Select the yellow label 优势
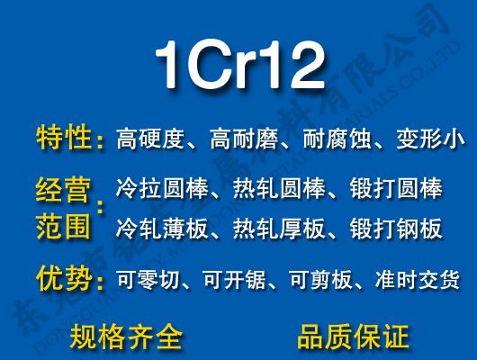[x=64, y=278]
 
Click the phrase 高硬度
[x=150, y=139]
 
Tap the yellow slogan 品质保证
[x=353, y=337]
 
